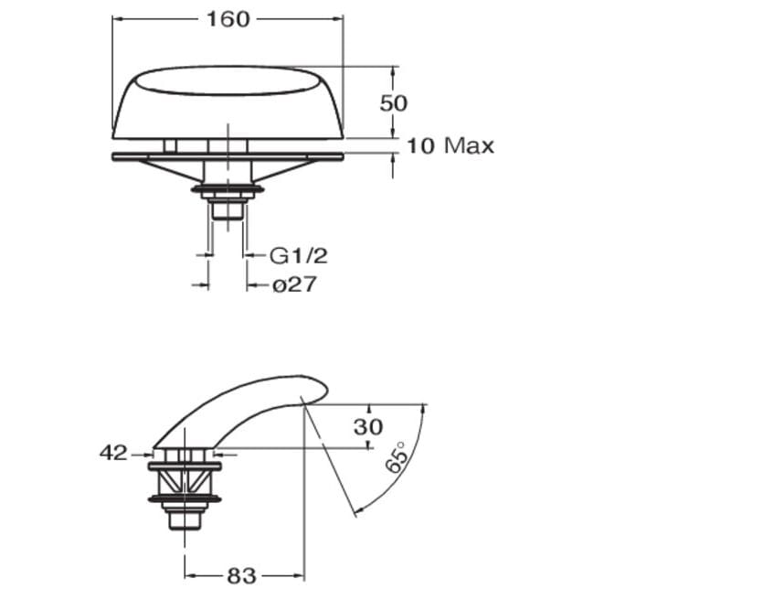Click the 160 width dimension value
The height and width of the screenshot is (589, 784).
coord(228,19)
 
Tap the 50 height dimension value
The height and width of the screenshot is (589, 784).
coord(394,103)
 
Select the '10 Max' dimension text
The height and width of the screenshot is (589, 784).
coord(450,145)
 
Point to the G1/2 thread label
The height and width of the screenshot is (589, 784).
coord(299,256)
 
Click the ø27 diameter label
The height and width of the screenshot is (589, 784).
coord(294,284)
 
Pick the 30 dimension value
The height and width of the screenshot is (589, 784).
coord(368,427)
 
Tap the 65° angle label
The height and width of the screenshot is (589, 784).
coord(397,457)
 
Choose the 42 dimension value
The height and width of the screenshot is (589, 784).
coord(113,453)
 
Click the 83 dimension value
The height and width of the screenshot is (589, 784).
coord(241,575)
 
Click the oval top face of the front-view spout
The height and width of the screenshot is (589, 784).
coord(228,80)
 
